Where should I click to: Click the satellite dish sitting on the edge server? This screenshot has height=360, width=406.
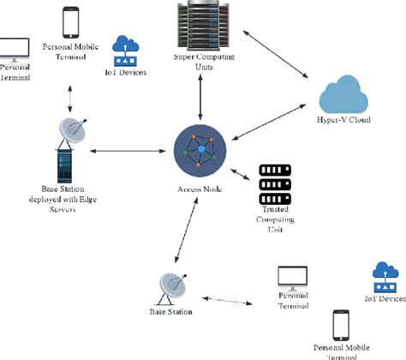click(x=73, y=130)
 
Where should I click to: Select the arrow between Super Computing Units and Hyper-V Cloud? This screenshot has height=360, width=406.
click(x=274, y=56)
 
